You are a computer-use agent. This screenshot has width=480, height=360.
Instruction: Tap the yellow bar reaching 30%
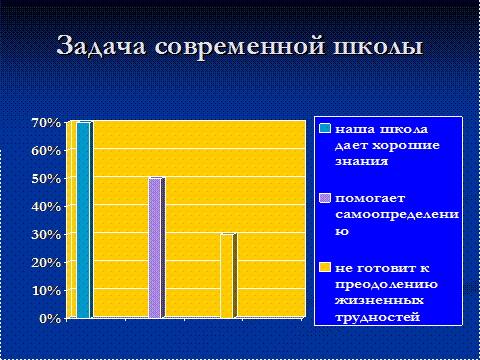pyautogui.click(x=229, y=276)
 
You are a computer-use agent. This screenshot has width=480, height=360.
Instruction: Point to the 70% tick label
pyautogui.click(x=46, y=123)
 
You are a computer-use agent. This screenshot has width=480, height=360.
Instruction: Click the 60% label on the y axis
pyautogui.click(x=46, y=151)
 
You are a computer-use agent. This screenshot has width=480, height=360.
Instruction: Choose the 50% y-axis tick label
pyautogui.click(x=46, y=179)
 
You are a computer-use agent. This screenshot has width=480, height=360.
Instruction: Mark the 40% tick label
pyautogui.click(x=46, y=207)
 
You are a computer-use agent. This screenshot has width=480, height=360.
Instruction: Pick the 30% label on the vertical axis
pyautogui.click(x=46, y=235)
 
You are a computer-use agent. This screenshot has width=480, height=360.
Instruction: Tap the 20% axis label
pyautogui.click(x=46, y=263)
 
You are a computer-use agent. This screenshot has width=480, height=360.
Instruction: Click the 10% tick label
pyautogui.click(x=46, y=291)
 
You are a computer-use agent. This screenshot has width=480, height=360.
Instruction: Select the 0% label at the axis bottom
pyautogui.click(x=50, y=319)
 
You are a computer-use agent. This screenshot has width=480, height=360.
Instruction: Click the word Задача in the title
pyautogui.click(x=101, y=46)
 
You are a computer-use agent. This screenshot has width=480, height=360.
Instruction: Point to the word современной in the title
pyautogui.click(x=240, y=46)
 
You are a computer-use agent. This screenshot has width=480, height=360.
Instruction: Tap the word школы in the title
pyautogui.click(x=378, y=46)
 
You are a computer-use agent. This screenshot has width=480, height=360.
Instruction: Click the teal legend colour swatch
pyautogui.click(x=325, y=128)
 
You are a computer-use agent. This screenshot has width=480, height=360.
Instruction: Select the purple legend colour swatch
pyautogui.click(x=325, y=198)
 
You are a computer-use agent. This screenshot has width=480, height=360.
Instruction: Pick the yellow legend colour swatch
pyautogui.click(x=325, y=267)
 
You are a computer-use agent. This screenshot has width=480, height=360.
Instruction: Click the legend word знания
pyautogui.click(x=361, y=161)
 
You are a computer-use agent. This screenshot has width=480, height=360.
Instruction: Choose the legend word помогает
pyautogui.click(x=370, y=199)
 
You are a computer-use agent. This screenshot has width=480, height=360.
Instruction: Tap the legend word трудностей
pyautogui.click(x=377, y=317)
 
